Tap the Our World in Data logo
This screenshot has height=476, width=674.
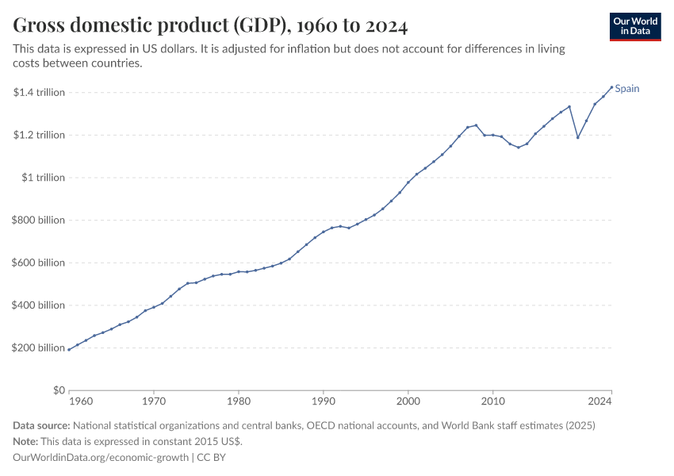tap(635, 26)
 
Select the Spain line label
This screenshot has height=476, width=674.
tap(627, 89)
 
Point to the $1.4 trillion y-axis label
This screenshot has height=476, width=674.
tap(39, 93)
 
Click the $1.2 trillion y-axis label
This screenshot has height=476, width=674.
tap(39, 135)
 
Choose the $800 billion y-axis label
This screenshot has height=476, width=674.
tap(39, 221)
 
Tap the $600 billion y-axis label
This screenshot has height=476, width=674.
tap(39, 263)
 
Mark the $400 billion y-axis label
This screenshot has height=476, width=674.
tap(39, 305)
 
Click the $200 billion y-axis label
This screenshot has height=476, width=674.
tap(39, 348)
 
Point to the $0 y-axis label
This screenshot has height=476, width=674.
tap(58, 391)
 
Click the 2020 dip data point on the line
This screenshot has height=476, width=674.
tap(578, 137)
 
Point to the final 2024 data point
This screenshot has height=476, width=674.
tap(611, 87)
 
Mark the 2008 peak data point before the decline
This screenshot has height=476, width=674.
tap(476, 125)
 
